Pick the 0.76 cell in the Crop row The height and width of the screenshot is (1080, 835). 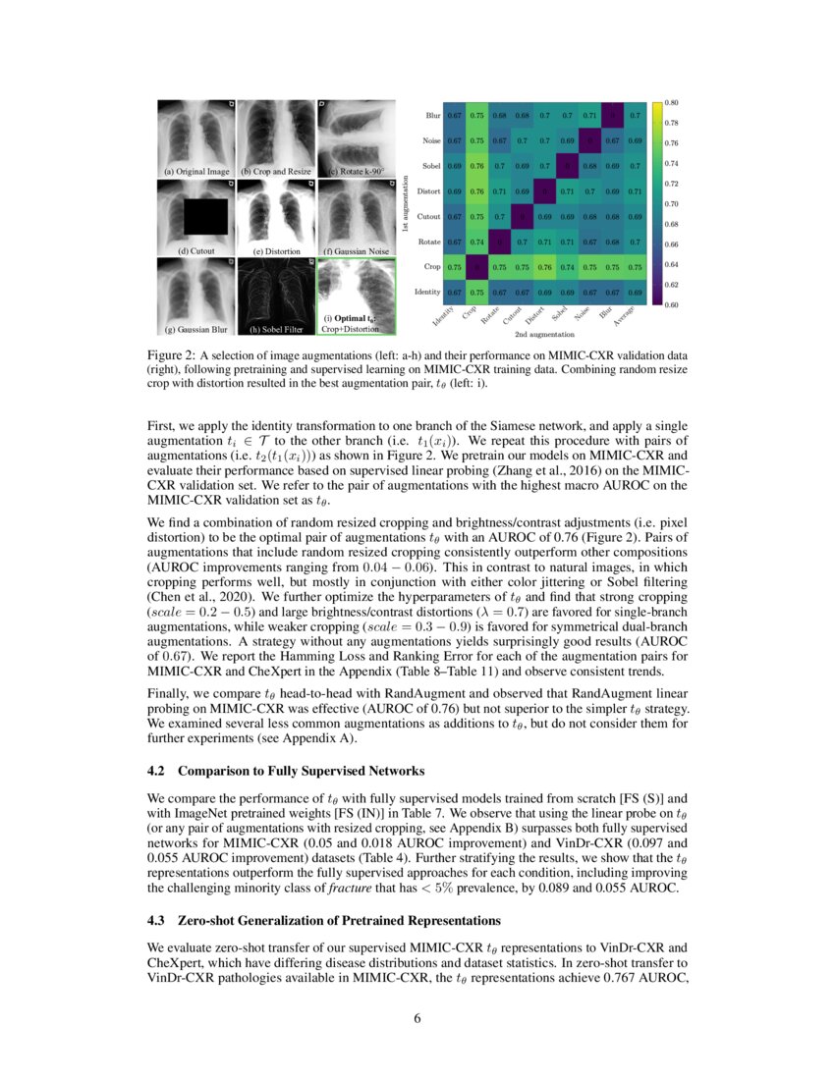(543, 267)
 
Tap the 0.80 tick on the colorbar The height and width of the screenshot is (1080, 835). (673, 102)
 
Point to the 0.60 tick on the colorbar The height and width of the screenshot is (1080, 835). (673, 305)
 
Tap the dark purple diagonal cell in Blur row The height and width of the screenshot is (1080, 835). (611, 115)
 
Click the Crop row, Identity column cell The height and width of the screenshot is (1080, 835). (455, 267)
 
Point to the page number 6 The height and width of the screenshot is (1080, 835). (417, 1018)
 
